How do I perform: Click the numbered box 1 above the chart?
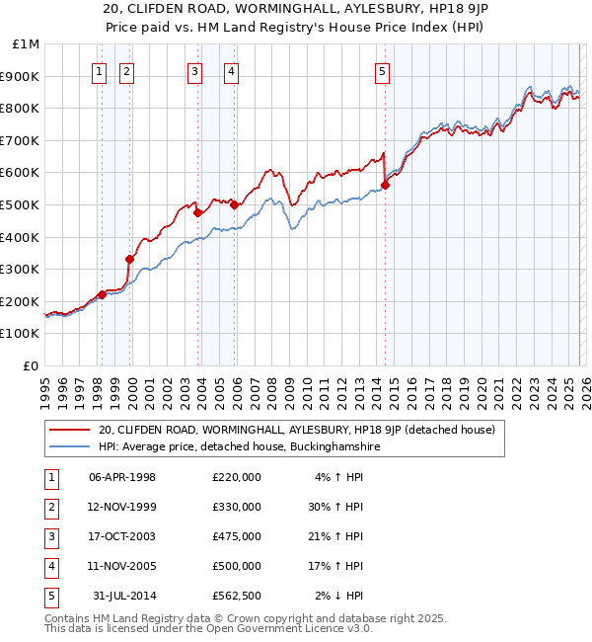(101, 70)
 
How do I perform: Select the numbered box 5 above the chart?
(382, 70)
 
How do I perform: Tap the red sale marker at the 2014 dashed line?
(385, 185)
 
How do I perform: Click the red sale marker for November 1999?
(129, 259)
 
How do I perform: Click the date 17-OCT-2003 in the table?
(122, 536)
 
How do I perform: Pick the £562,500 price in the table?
(236, 596)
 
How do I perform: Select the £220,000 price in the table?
(236, 477)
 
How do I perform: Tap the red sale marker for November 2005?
(235, 204)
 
